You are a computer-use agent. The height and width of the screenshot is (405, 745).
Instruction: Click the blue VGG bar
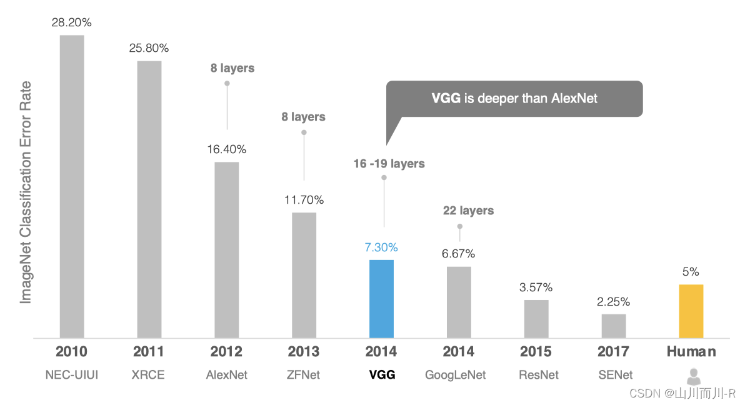coord(381,299)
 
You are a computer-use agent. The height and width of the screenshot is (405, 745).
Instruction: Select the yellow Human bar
coord(691,311)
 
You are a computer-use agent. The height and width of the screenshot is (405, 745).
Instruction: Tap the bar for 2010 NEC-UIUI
coord(72,186)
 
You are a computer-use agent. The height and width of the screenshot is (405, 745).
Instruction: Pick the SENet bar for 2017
coord(613,326)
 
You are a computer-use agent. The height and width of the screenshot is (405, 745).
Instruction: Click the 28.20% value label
coord(72,22)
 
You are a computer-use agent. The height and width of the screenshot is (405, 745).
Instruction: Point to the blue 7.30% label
coord(381,247)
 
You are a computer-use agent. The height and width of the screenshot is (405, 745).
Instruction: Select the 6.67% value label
coord(459,254)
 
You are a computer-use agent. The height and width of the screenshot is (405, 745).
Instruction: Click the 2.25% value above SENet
coord(613,302)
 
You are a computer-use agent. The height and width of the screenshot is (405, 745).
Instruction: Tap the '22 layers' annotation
coord(469,211)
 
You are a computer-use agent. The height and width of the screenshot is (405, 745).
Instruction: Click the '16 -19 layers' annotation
coord(389,164)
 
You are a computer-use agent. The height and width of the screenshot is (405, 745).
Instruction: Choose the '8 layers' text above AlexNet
coord(232,68)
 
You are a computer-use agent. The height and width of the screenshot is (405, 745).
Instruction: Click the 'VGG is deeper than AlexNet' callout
coord(514,99)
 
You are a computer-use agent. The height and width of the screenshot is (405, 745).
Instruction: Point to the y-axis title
coord(25,192)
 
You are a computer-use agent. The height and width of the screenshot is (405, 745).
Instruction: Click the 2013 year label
coord(304,351)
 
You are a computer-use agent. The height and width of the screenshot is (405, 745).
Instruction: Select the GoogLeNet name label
coord(456,375)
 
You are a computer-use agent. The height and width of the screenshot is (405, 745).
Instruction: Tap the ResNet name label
coord(539,375)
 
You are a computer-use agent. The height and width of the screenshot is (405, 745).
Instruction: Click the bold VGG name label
coord(382,375)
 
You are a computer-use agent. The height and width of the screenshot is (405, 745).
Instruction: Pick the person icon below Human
coord(694,376)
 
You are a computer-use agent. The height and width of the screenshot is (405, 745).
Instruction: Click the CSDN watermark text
coord(682,394)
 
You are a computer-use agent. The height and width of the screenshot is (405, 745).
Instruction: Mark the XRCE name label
coord(148,375)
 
